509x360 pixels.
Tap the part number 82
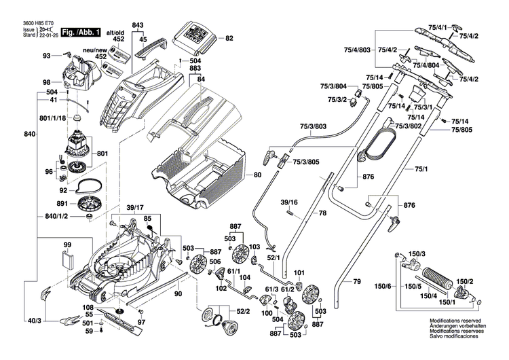[229, 38]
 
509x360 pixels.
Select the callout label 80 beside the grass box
[257, 175]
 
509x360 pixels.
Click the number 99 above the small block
[67, 245]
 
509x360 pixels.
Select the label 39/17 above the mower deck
[136, 207]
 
